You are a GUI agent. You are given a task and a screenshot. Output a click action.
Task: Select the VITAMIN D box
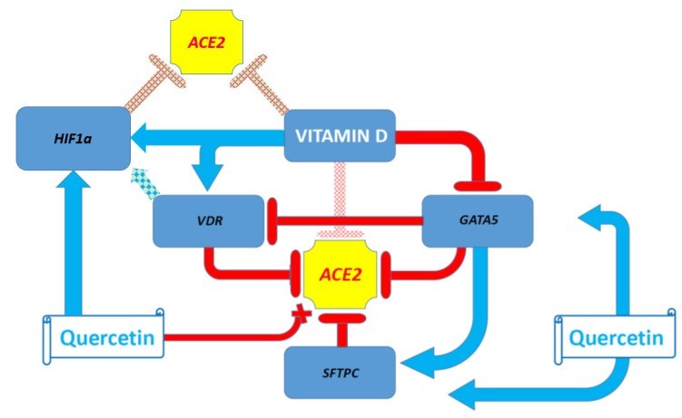coord(338,137)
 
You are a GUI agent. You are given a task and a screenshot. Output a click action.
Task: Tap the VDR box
coord(200,219)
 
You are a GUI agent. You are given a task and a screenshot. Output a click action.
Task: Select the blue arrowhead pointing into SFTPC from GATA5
coord(420,365)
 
